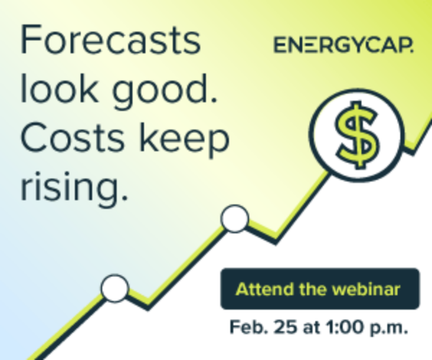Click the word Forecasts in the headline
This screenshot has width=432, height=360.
tap(110, 40)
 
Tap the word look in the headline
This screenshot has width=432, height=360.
tap(59, 88)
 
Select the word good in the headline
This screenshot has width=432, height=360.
tap(165, 91)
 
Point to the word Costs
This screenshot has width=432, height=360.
tap(73, 138)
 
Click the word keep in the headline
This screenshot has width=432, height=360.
tap(184, 140)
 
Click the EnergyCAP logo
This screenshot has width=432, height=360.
tap(343, 45)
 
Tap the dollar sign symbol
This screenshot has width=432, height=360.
tap(357, 135)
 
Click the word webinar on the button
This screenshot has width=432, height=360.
tap(366, 289)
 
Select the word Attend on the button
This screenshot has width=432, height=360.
tap(264, 289)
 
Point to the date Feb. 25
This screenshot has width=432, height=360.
tap(264, 327)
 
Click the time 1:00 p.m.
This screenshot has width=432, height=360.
tap(366, 328)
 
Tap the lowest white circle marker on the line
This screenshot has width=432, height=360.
tap(114, 288)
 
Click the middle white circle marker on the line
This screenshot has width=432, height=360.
tap(235, 219)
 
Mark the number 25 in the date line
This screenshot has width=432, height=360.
tap(286, 327)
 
